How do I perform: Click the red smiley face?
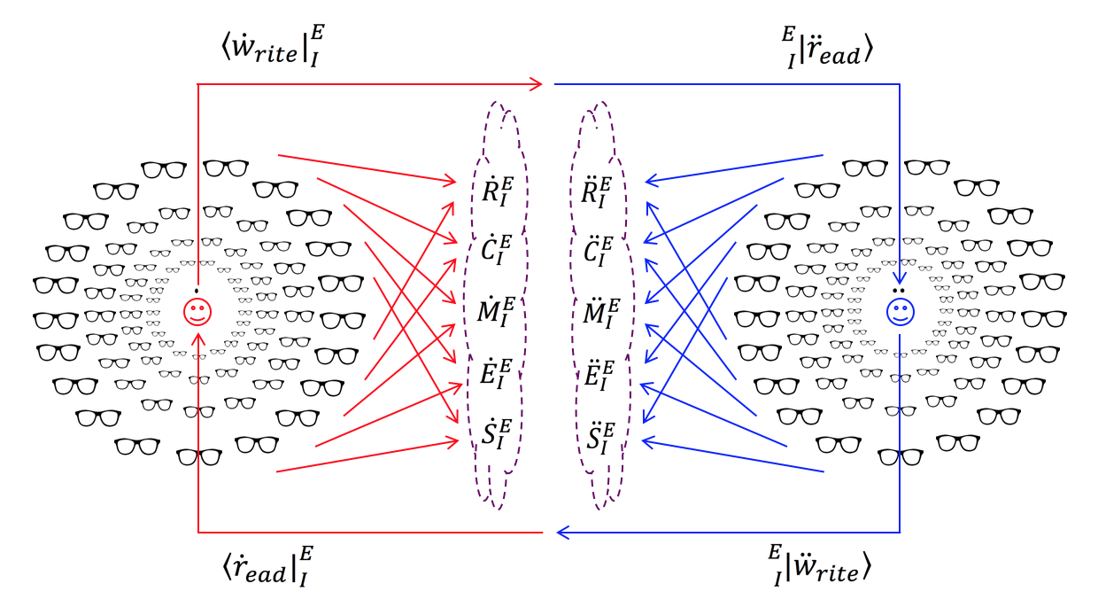197,311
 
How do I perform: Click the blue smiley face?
900,311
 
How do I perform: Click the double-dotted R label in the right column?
592,192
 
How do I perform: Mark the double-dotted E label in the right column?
592,371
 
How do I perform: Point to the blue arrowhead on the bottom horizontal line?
561,533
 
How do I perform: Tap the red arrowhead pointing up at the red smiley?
197,335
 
